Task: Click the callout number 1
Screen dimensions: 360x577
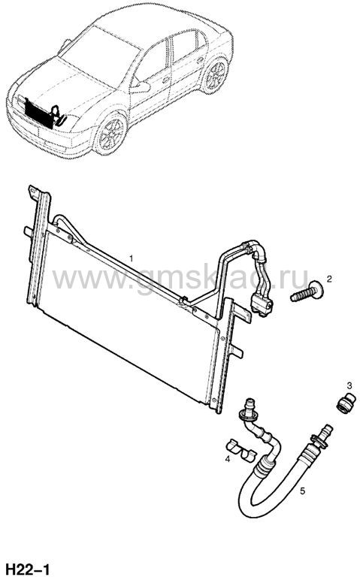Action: click(x=131, y=258)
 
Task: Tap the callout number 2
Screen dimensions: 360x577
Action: click(x=329, y=279)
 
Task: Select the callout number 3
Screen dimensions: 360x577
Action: click(x=349, y=386)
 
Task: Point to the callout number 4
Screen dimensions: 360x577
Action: click(x=228, y=459)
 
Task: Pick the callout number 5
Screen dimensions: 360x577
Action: click(x=302, y=491)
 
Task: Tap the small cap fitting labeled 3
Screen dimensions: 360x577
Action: click(x=346, y=403)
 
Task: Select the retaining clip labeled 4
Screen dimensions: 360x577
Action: click(x=240, y=451)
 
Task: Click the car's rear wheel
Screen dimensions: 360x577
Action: click(x=216, y=75)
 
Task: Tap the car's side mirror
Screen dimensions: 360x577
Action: click(x=141, y=88)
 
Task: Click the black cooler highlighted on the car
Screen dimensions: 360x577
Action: click(x=38, y=113)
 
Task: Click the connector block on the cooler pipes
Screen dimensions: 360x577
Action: click(x=262, y=305)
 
